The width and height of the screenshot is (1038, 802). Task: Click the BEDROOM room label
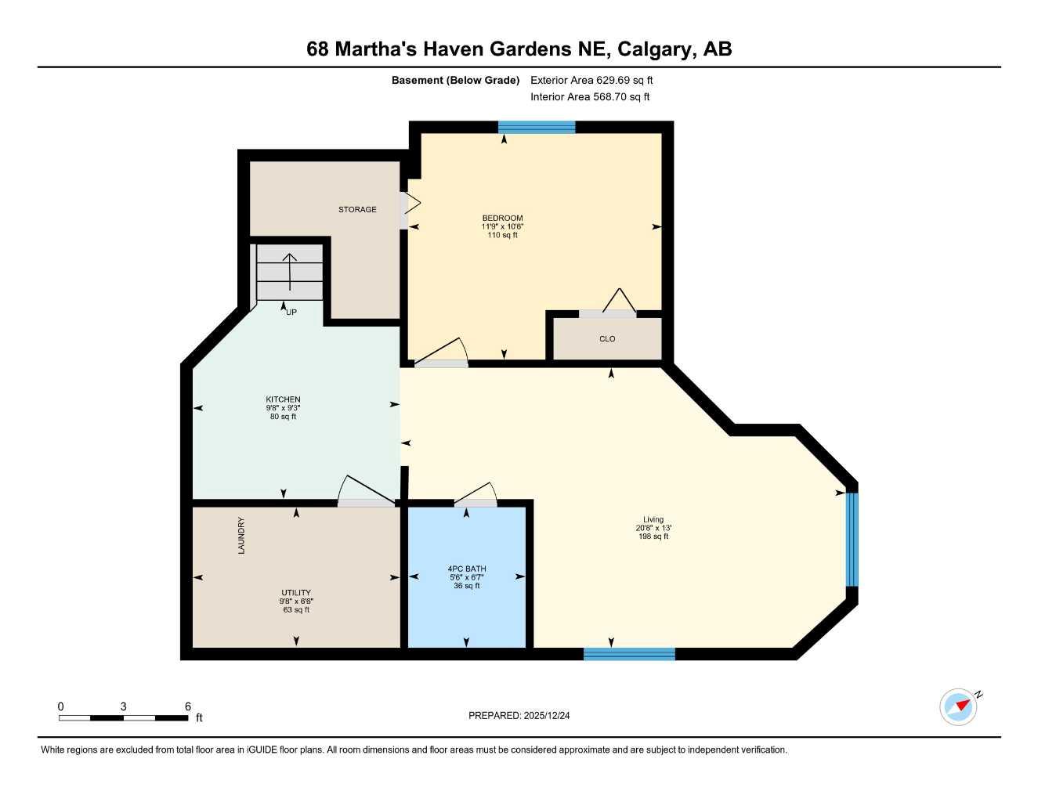click(x=502, y=218)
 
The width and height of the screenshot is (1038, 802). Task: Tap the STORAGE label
click(x=357, y=209)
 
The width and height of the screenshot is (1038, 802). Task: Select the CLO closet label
click(x=607, y=339)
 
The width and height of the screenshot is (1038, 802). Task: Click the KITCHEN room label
click(x=283, y=399)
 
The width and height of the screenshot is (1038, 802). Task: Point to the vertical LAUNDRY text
click(x=241, y=536)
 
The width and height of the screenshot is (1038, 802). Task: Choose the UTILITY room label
click(x=296, y=593)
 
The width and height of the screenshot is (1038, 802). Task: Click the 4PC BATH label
click(x=467, y=569)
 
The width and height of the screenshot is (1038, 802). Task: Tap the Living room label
click(x=653, y=519)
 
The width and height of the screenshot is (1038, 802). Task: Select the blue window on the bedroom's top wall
click(x=537, y=128)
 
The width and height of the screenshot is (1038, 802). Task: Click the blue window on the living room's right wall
click(x=852, y=539)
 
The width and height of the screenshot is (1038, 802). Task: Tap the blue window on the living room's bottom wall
click(x=629, y=654)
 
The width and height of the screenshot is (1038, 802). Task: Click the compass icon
click(x=959, y=706)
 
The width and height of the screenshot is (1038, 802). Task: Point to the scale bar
click(x=123, y=717)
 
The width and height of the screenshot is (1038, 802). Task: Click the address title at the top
click(x=519, y=49)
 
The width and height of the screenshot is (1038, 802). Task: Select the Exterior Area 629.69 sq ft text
click(x=591, y=80)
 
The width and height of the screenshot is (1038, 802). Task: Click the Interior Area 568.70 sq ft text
click(x=590, y=97)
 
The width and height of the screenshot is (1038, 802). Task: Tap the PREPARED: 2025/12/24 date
click(x=519, y=715)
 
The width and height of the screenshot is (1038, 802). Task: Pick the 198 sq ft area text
click(x=653, y=536)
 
